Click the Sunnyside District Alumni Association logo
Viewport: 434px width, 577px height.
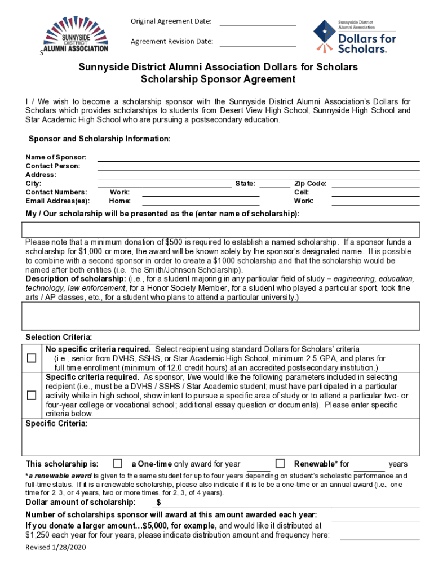tap(76, 37)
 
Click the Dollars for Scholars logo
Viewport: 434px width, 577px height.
tap(355, 37)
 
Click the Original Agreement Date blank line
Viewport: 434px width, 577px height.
tap(257, 23)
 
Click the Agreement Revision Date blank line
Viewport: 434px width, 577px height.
tap(257, 42)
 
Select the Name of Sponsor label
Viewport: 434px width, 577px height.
tap(56, 157)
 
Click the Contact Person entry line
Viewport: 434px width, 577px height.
tap(259, 167)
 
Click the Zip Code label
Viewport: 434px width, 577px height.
tap(310, 184)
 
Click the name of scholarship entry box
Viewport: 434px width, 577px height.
tap(220, 230)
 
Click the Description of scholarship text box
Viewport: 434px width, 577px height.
tap(220, 316)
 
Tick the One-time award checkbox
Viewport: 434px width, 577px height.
tap(117, 464)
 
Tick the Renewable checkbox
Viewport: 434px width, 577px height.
tap(280, 464)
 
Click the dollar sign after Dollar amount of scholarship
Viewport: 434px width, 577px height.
tap(159, 503)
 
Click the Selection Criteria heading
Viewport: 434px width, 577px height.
tap(59, 338)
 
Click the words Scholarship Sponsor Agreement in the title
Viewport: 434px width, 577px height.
tap(218, 79)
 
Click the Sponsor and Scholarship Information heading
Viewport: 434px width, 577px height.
tap(100, 139)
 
